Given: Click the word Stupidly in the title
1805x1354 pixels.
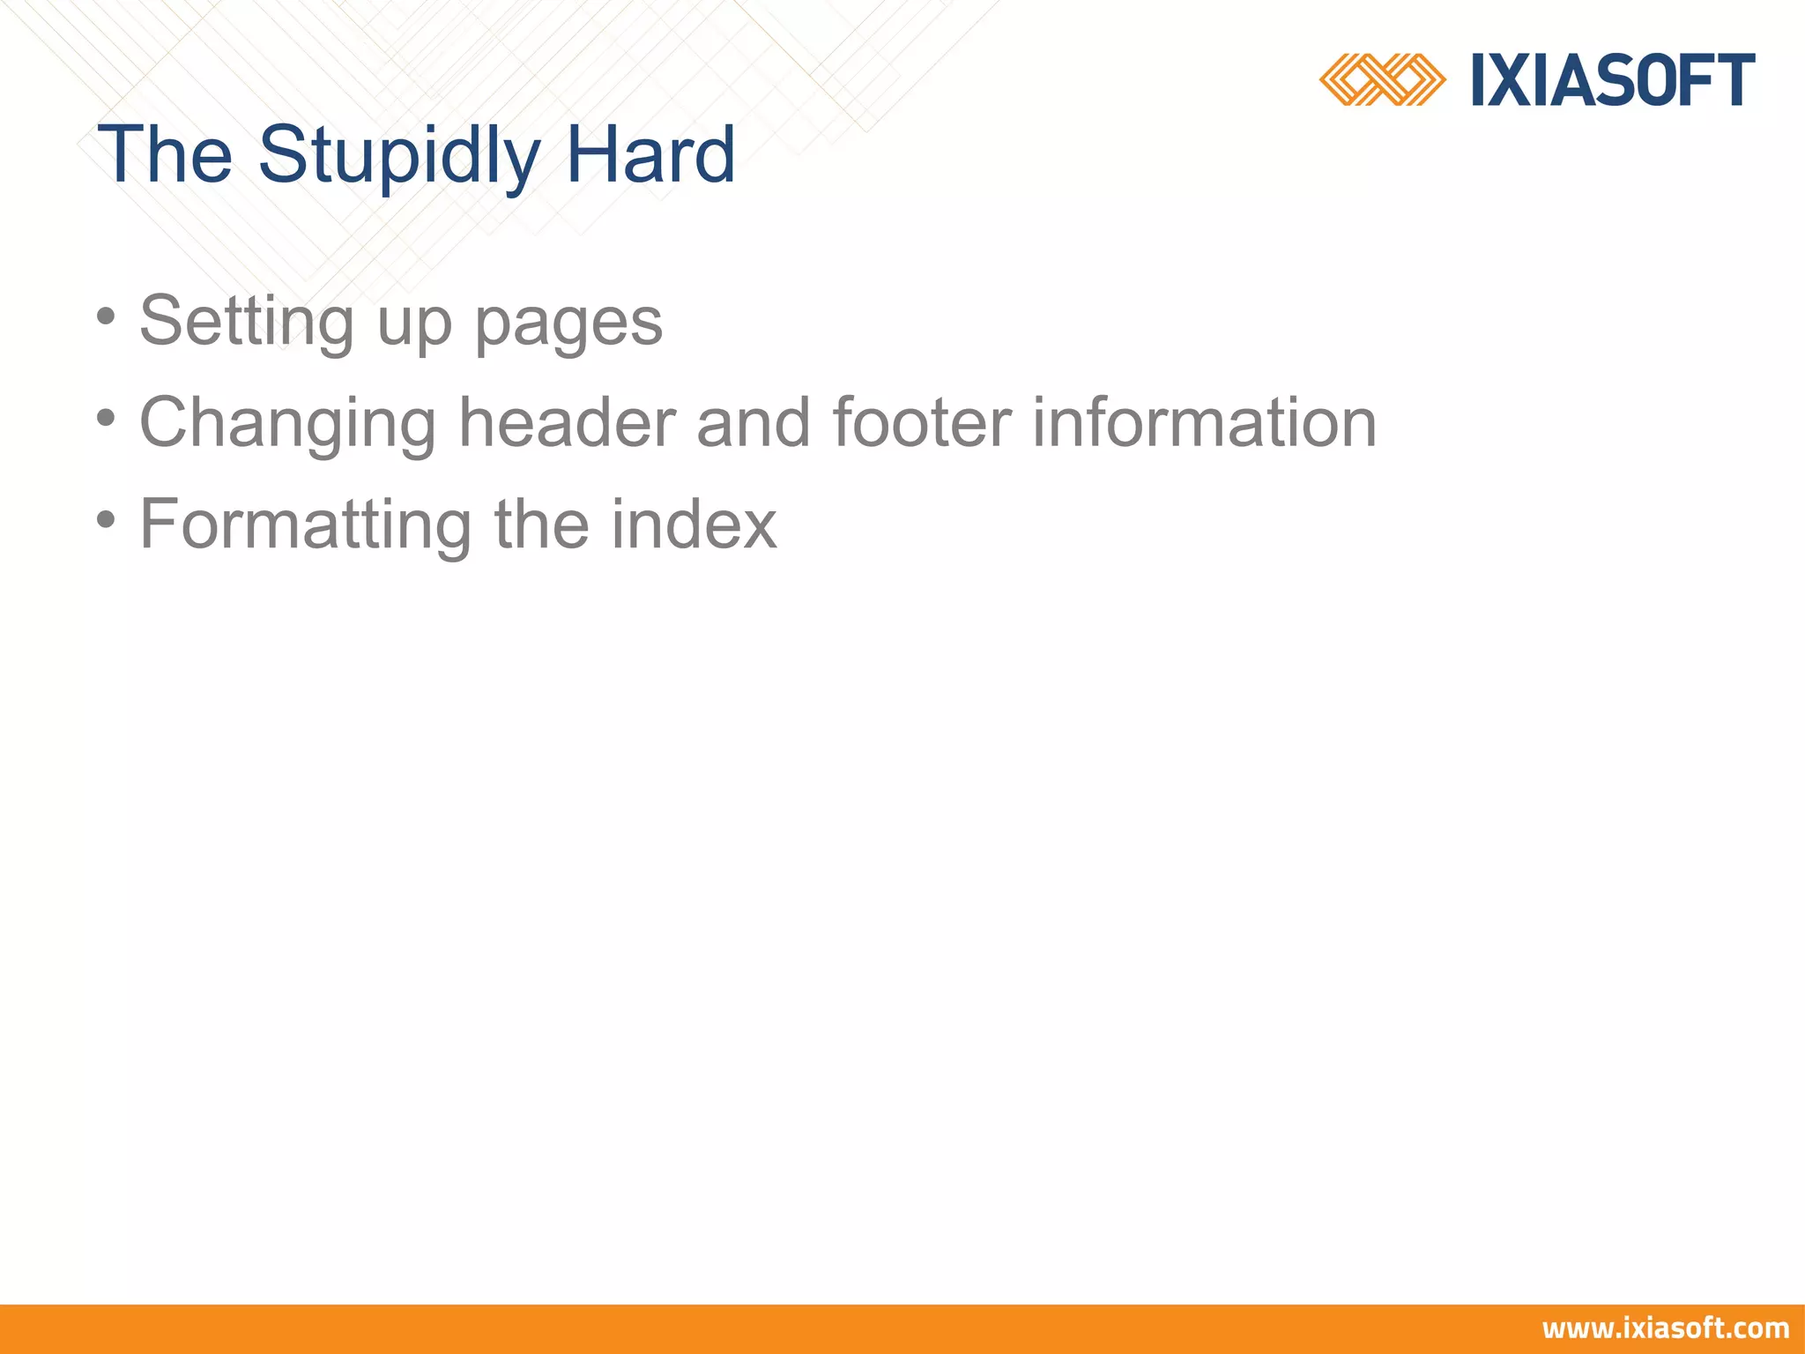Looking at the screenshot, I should (x=398, y=155).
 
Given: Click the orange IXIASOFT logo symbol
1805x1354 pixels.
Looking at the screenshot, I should (x=1381, y=79).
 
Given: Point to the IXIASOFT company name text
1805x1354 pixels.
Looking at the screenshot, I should (x=1613, y=80).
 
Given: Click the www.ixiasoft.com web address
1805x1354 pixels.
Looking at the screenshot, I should (x=1665, y=1328).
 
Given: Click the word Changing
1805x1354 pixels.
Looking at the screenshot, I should (x=287, y=424).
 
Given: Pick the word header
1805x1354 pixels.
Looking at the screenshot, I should (x=568, y=422).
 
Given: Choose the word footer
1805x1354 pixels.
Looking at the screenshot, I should (x=921, y=422).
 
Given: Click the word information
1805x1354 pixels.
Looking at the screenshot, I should (x=1204, y=422).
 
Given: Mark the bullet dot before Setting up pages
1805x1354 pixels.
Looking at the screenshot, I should (x=107, y=316).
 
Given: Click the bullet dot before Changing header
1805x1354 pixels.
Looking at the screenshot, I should (x=107, y=417).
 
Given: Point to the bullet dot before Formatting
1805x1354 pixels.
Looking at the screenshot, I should (x=107, y=519).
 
